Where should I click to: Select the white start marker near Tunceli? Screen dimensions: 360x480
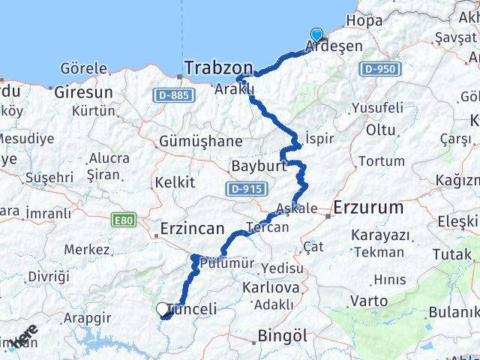(162, 308)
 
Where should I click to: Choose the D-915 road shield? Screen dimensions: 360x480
(244, 189)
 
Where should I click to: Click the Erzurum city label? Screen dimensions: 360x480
(369, 206)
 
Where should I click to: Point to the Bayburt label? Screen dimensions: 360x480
(259, 166)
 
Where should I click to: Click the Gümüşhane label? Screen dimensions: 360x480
(201, 141)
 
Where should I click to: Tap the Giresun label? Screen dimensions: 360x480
(82, 92)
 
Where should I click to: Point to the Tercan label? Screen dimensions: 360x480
(268, 226)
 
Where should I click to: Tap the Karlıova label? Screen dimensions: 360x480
(271, 287)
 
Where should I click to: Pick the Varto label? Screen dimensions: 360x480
(370, 301)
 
